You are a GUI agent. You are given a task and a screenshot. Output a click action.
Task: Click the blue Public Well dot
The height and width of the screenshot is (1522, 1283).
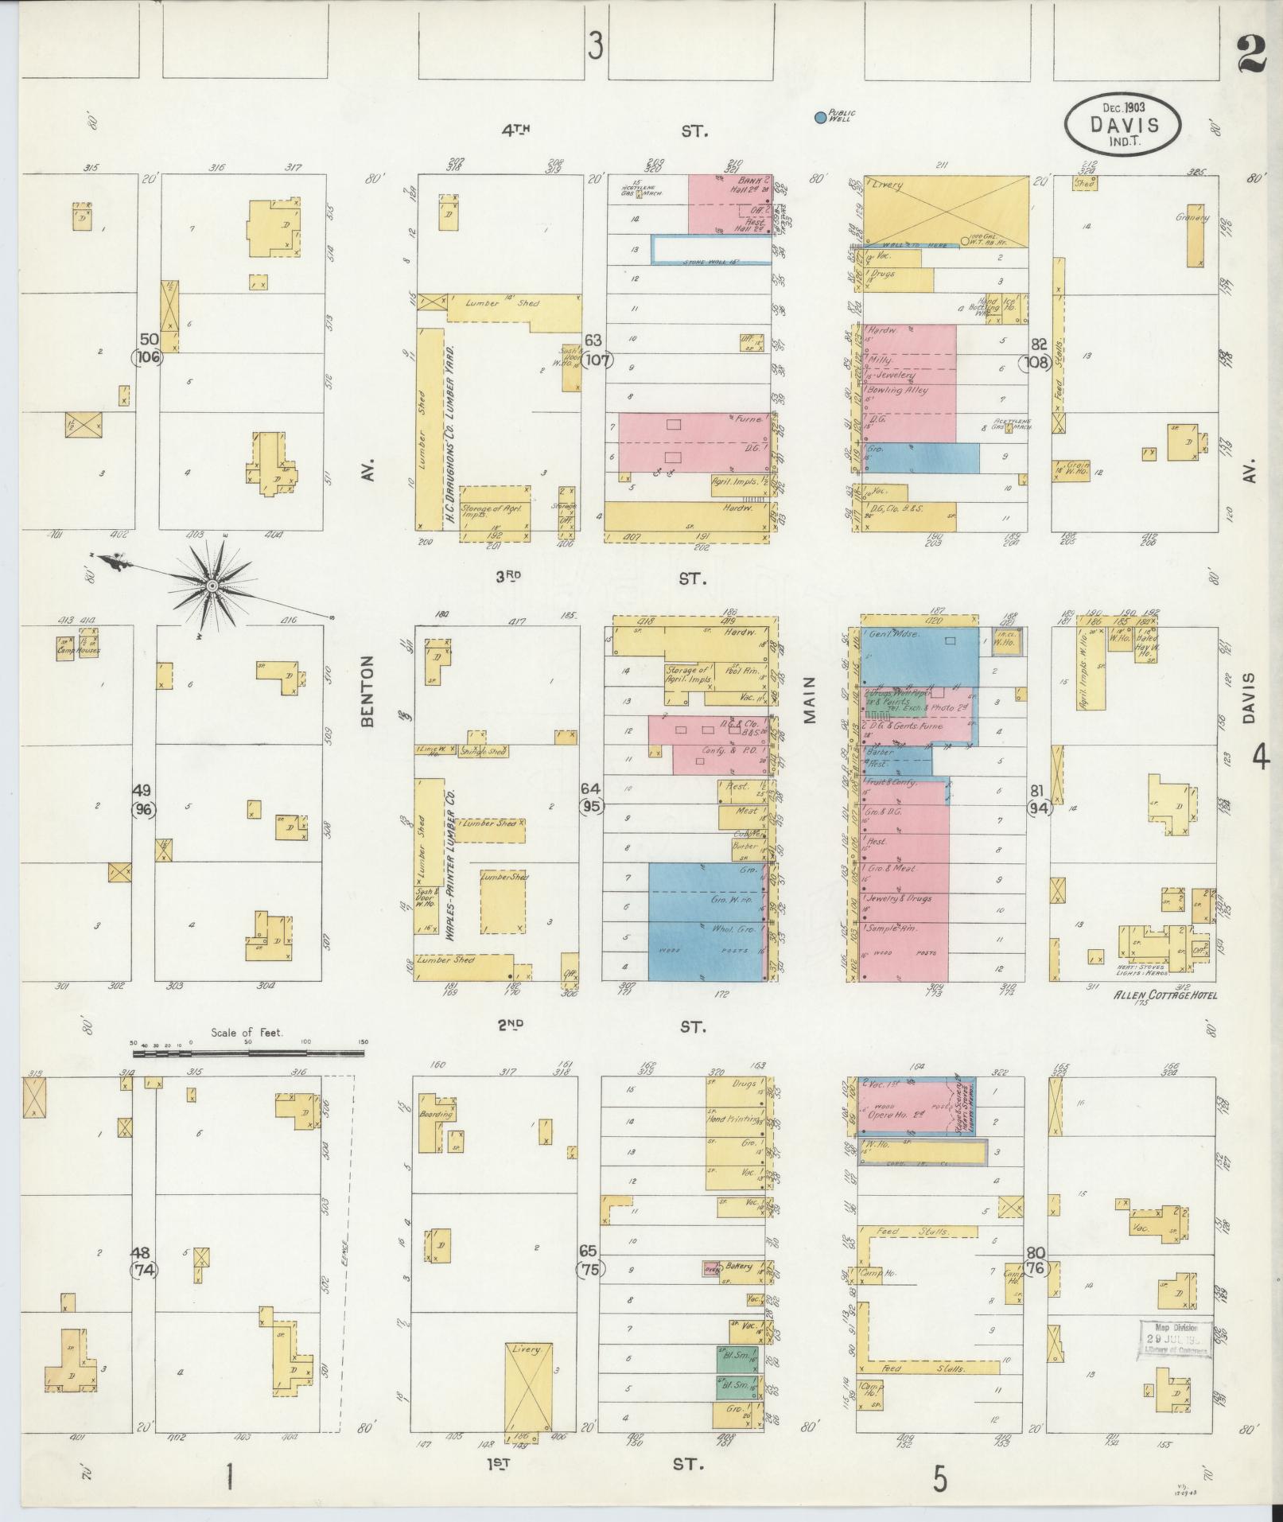point(820,118)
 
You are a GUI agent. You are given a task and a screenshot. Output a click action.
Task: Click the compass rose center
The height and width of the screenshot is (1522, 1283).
point(212,586)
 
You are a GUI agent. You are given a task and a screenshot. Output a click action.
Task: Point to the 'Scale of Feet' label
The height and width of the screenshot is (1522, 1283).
point(247,1033)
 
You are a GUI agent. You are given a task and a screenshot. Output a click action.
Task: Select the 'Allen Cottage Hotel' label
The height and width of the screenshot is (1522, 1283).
point(1166,995)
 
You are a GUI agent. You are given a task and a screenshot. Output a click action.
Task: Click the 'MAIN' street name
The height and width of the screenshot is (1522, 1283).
point(811,700)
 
